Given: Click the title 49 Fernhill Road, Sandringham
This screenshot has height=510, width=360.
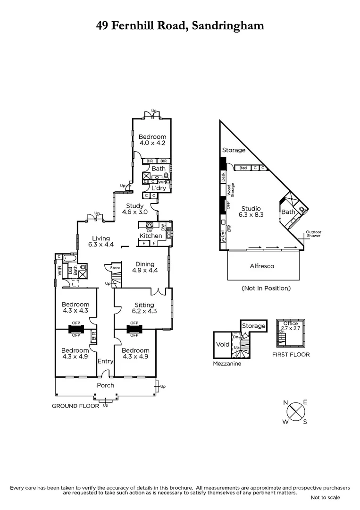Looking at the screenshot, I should [x=180, y=25].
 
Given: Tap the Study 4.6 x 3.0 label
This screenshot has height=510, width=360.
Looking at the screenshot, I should [x=134, y=209].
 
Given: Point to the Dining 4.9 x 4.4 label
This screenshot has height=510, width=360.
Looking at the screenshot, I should [x=145, y=267].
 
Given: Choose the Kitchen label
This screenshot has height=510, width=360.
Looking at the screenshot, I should [x=151, y=236].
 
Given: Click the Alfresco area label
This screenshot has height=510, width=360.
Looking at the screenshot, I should [x=262, y=266].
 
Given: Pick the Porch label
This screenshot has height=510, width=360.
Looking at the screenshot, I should [x=105, y=385].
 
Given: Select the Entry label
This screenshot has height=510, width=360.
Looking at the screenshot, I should [x=105, y=361].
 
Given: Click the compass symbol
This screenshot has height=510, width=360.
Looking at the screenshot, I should [x=295, y=411].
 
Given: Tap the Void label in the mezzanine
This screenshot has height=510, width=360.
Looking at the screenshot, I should [x=222, y=345].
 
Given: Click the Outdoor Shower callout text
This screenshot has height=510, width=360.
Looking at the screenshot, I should [x=313, y=234].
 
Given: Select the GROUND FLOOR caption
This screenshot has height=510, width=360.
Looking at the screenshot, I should [x=75, y=406].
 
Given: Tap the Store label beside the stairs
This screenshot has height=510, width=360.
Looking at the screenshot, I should [x=115, y=268].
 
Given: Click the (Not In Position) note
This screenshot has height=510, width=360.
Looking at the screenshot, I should [x=266, y=288].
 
